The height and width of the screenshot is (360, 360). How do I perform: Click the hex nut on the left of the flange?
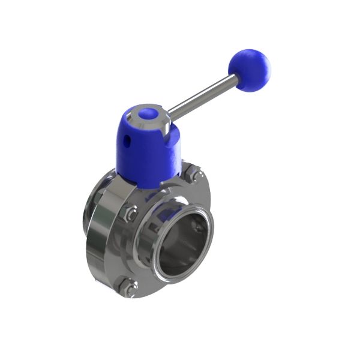click(x=128, y=213)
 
